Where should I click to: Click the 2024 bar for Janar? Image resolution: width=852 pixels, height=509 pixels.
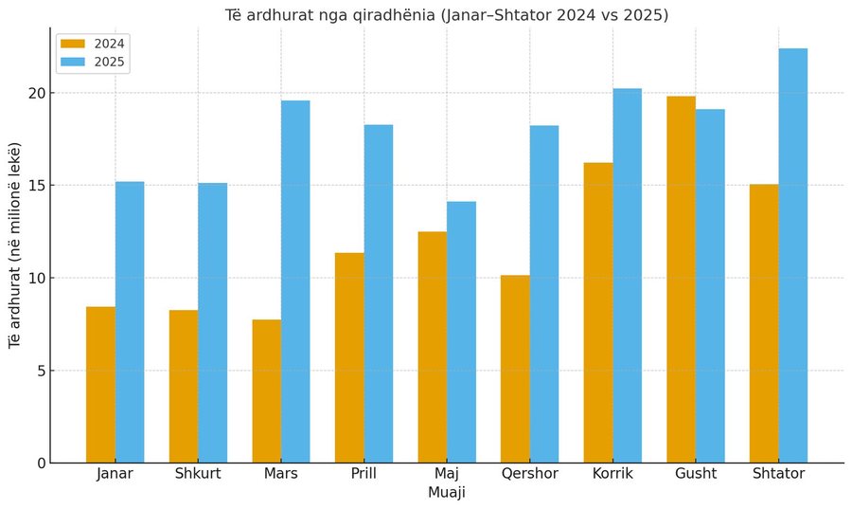tap(100, 384)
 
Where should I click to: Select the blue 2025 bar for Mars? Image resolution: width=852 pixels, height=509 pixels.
tap(295, 282)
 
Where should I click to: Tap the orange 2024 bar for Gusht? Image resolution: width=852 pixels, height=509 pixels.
tap(681, 280)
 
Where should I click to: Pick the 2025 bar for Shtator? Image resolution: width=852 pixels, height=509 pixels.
tap(793, 256)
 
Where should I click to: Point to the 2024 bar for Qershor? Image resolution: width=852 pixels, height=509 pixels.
tap(515, 369)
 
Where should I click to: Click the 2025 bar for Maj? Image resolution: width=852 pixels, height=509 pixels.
tap(461, 332)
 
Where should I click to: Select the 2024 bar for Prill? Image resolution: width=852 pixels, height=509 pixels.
tap(349, 357)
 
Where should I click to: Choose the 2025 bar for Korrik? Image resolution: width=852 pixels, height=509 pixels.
tap(627, 276)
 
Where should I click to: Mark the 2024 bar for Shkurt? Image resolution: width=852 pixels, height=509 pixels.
tap(184, 386)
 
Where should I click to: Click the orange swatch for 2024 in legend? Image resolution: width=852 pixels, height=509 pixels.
tap(73, 44)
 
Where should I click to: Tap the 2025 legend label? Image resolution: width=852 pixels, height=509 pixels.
tap(110, 63)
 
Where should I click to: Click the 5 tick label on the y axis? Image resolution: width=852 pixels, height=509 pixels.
tap(39, 371)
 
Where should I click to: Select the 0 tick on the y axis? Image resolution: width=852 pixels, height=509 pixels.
tap(39, 463)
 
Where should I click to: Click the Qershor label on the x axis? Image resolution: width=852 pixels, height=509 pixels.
tap(530, 474)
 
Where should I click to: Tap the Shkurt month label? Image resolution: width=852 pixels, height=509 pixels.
tap(199, 474)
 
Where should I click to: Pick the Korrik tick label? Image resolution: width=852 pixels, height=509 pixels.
tap(612, 474)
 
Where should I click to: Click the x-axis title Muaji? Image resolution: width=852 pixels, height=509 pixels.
tap(447, 493)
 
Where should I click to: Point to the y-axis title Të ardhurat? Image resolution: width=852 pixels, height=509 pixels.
tap(14, 245)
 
